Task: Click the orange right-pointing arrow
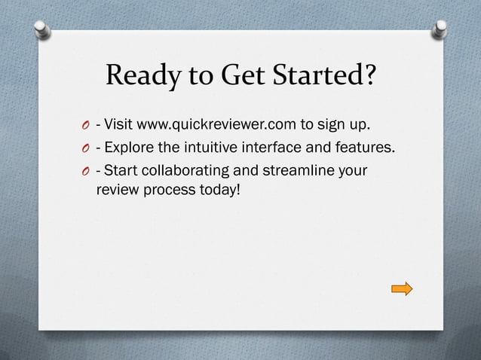pos(402,288)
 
